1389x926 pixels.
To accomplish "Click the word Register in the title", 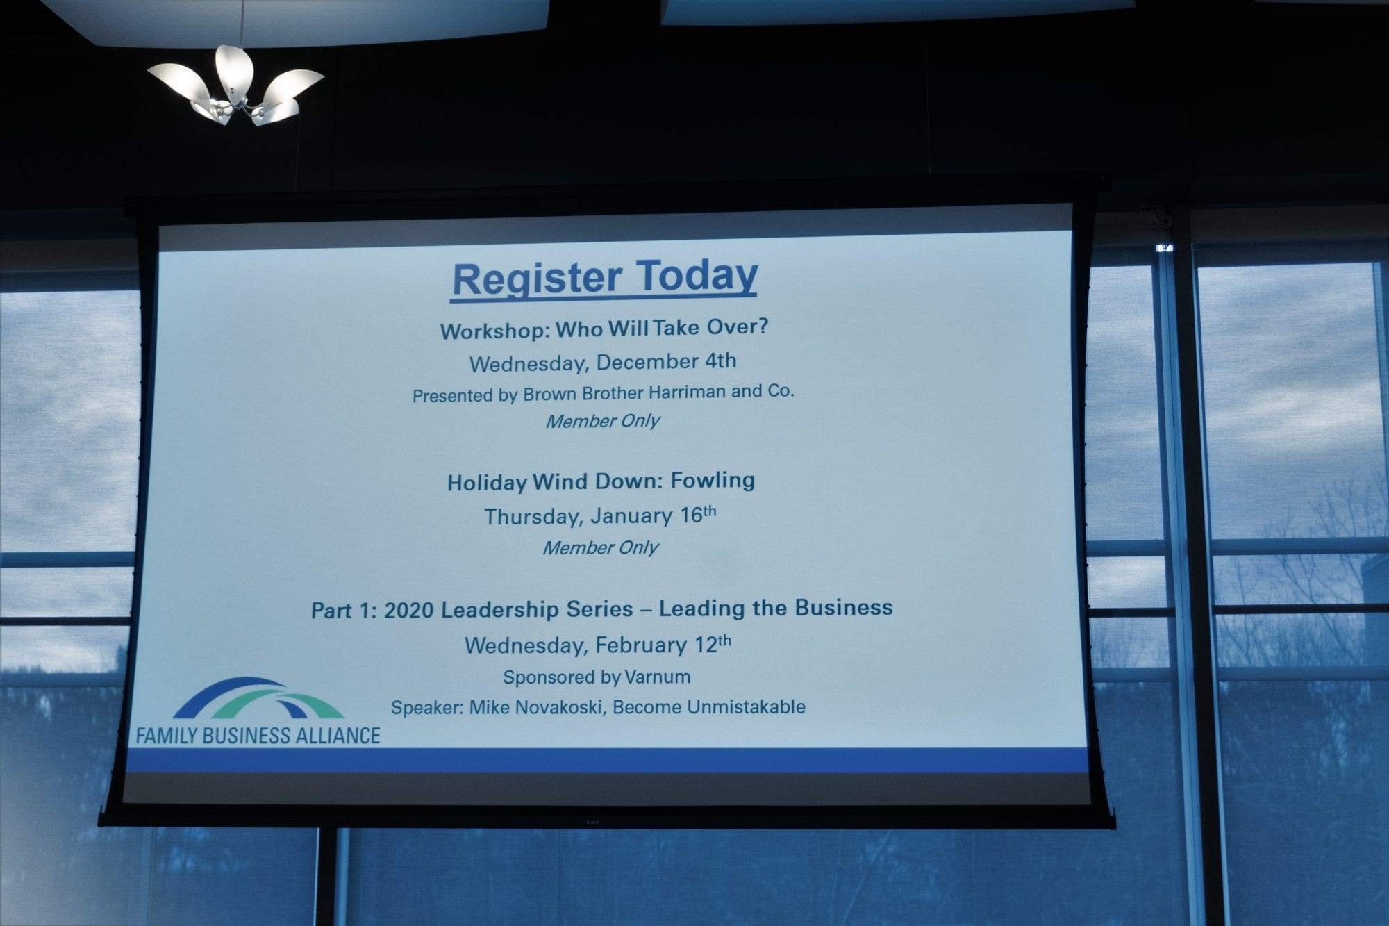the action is pos(536,279).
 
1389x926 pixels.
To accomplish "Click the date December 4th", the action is pos(666,361).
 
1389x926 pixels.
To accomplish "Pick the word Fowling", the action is pos(713,481).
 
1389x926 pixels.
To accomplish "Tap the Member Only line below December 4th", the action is pos(602,421).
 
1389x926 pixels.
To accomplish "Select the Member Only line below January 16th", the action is pos(600,547).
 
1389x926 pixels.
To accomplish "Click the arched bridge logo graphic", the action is pos(258,698).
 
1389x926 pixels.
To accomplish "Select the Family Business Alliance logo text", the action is pos(258,736).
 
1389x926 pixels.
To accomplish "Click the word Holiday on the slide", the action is pos(487,483).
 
